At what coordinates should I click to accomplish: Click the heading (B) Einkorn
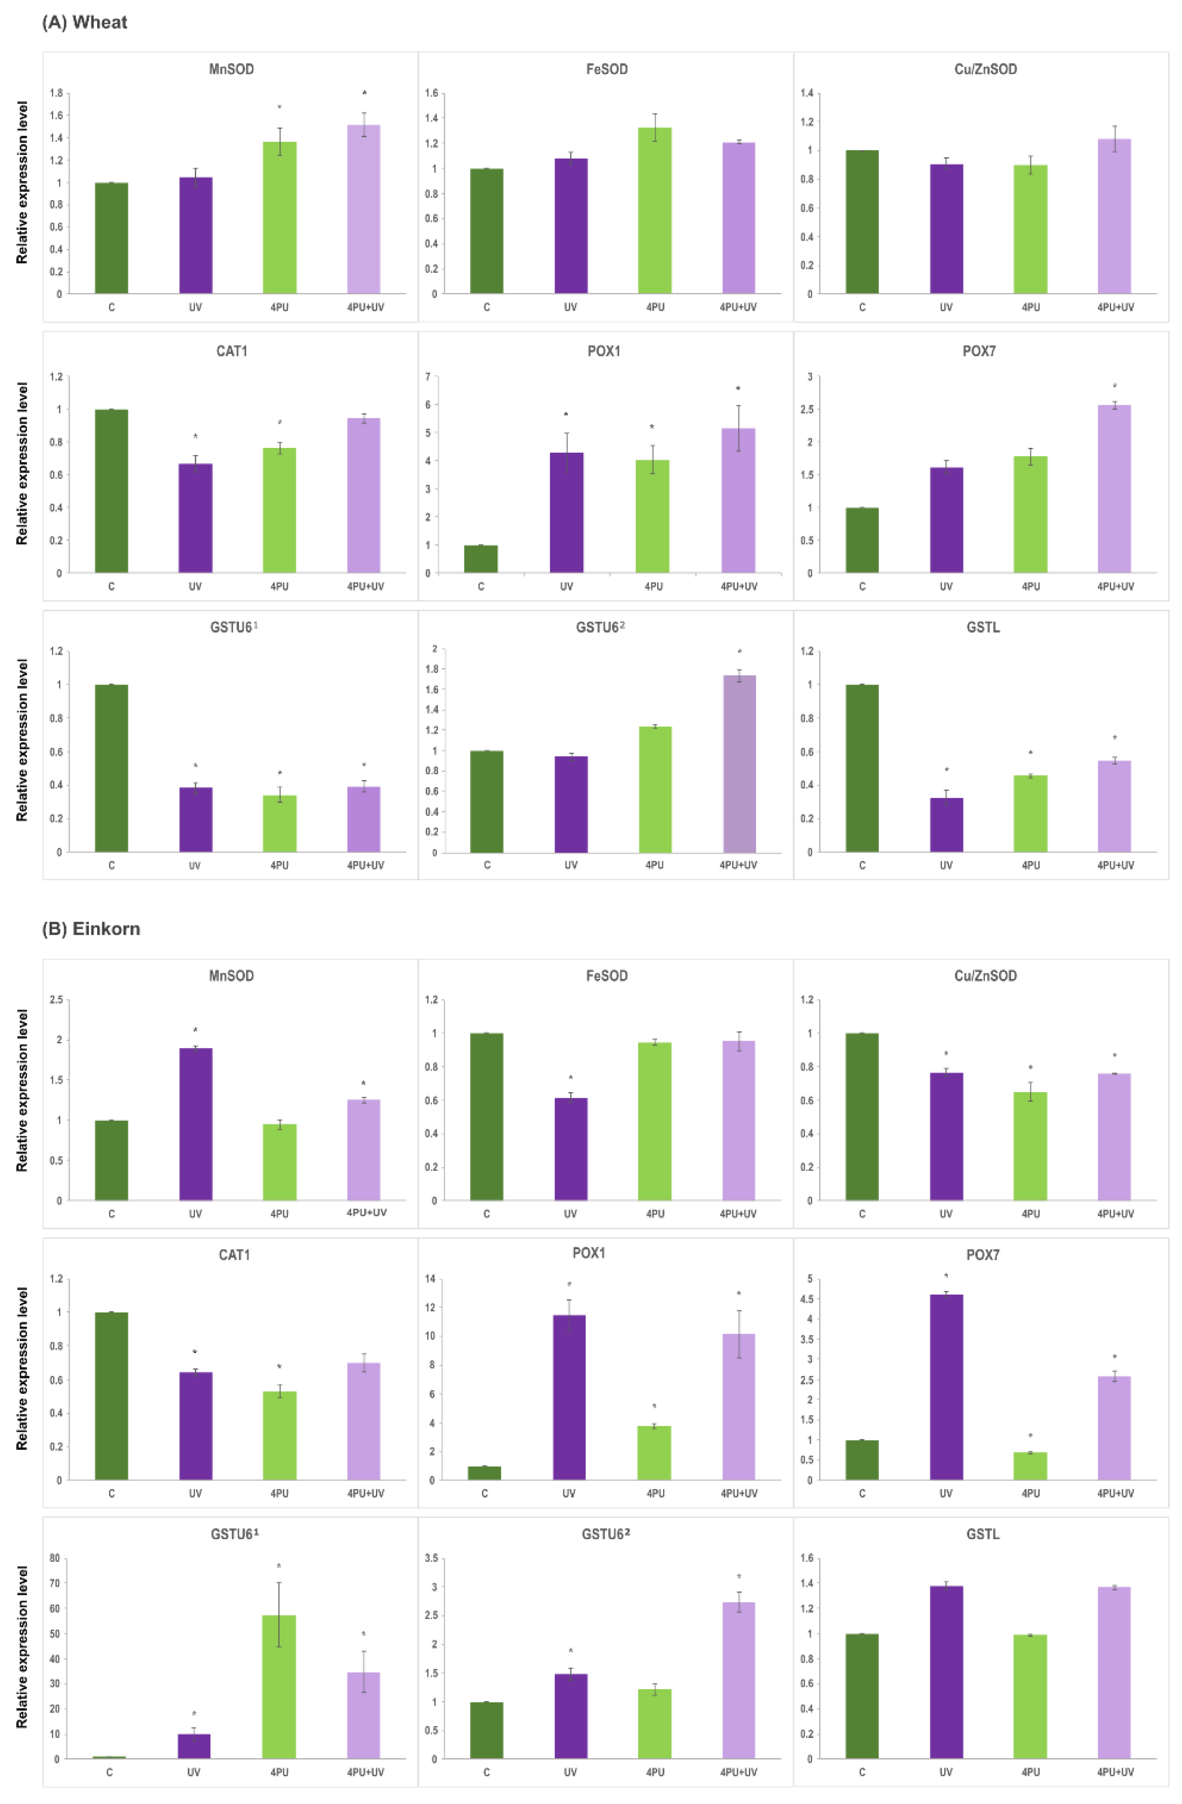click(x=91, y=928)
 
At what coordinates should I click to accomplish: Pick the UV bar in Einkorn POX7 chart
click(x=946, y=1387)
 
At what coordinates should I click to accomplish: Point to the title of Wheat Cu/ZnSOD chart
click(x=985, y=69)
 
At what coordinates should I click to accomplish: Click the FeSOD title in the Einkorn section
click(x=607, y=975)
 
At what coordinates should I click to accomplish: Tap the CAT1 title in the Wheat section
click(x=232, y=351)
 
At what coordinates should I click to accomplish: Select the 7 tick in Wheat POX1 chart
click(x=428, y=377)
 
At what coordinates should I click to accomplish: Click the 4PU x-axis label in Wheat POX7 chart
click(x=1031, y=587)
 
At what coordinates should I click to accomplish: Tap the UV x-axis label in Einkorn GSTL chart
click(x=946, y=1772)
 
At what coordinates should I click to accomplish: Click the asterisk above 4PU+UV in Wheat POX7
click(x=1114, y=387)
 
